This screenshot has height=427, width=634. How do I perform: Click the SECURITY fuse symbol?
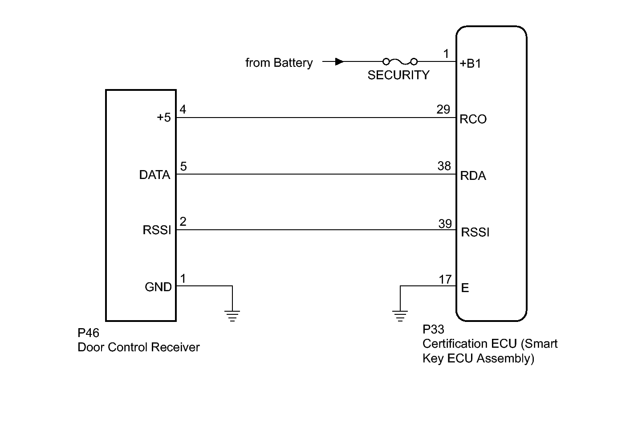(400, 61)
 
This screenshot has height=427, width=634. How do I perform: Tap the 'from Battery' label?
(279, 63)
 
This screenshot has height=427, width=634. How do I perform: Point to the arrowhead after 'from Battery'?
(339, 61)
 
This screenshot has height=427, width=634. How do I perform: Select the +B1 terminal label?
(470, 64)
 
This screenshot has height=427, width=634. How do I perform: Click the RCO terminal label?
(473, 119)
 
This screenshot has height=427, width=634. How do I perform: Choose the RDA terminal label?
(473, 176)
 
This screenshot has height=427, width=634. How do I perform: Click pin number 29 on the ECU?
(443, 110)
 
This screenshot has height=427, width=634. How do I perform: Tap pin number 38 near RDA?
(444, 166)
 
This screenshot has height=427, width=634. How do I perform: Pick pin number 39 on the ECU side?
(445, 224)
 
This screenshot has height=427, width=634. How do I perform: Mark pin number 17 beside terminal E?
(445, 280)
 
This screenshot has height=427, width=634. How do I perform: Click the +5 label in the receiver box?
(163, 118)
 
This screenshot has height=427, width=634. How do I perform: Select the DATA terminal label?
(154, 175)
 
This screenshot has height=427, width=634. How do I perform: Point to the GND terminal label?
(158, 287)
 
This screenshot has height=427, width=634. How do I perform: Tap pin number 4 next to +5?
(183, 110)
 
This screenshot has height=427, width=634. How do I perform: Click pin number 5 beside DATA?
(183, 167)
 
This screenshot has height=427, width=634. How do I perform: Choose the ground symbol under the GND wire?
(232, 316)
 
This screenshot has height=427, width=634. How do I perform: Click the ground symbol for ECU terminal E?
(400, 316)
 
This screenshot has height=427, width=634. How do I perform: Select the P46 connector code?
(88, 333)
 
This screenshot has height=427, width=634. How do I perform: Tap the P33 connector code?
(433, 329)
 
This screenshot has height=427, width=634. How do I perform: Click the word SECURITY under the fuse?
(398, 75)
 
